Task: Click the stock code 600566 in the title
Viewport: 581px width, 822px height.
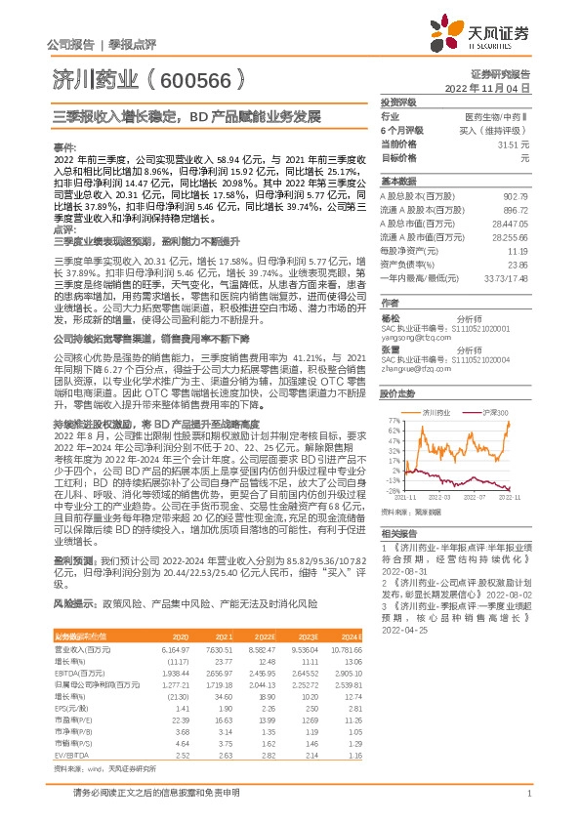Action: pyautogui.click(x=191, y=77)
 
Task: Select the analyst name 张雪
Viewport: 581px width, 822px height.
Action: pyautogui.click(x=390, y=349)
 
